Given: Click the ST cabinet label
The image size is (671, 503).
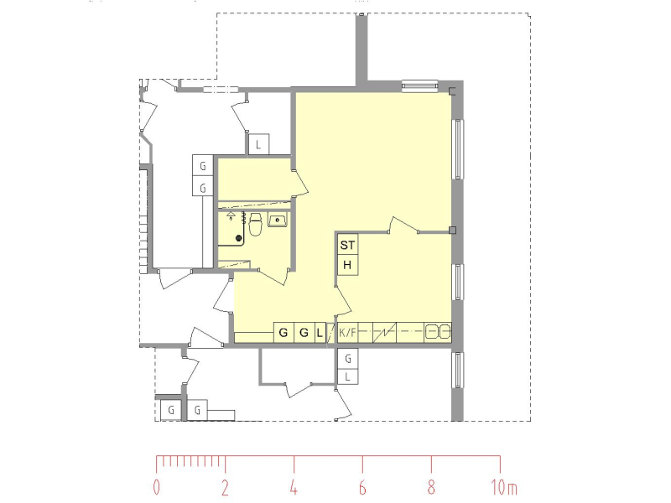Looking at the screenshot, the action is [347, 245].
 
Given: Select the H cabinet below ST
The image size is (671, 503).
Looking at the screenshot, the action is [347, 265].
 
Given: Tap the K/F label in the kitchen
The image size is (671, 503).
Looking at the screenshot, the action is [347, 332].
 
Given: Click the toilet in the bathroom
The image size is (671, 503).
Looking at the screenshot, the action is [256, 225].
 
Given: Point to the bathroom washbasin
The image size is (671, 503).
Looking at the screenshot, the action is [278, 220].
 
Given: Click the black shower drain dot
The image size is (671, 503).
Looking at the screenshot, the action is [239, 238].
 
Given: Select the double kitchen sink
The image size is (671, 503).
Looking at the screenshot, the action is [438, 332].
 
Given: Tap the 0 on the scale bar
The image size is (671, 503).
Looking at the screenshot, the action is [157, 487].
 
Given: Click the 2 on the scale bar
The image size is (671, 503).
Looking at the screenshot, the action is [225, 487].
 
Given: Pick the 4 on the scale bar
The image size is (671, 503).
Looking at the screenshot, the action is [294, 487].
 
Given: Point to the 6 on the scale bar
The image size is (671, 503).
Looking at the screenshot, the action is [362, 487].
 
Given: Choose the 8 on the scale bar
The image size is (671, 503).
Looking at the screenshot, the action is [431, 487].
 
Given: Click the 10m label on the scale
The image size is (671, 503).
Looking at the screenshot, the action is [504, 487].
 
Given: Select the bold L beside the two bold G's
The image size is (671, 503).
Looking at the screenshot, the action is [320, 332].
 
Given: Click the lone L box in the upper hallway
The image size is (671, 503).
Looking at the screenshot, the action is [258, 144].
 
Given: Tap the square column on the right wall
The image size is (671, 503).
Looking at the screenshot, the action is [452, 231].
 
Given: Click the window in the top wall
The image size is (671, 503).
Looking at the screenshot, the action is [420, 86].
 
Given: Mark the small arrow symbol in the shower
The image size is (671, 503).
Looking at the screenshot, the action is [231, 215].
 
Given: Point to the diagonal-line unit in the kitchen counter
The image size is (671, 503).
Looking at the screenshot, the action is [384, 332].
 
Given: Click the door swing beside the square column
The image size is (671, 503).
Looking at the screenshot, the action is [403, 226].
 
